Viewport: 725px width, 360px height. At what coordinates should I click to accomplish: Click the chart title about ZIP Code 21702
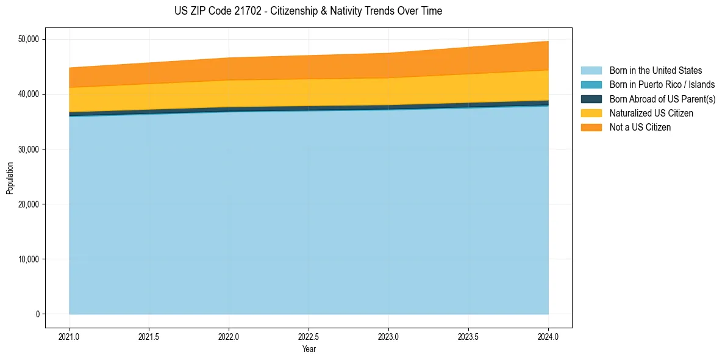(309, 11)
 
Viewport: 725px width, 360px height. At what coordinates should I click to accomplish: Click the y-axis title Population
(10, 178)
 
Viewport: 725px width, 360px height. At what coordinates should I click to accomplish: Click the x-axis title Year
(309, 349)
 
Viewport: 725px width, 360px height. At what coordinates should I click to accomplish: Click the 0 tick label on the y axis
(37, 314)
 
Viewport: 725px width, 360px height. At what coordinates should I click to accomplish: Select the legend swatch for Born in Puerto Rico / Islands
(591, 85)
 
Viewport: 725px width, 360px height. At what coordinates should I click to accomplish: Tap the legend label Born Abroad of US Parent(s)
(662, 99)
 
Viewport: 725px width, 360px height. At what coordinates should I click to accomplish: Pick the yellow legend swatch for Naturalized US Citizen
(591, 113)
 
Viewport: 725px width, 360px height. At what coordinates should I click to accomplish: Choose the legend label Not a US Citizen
(640, 128)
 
